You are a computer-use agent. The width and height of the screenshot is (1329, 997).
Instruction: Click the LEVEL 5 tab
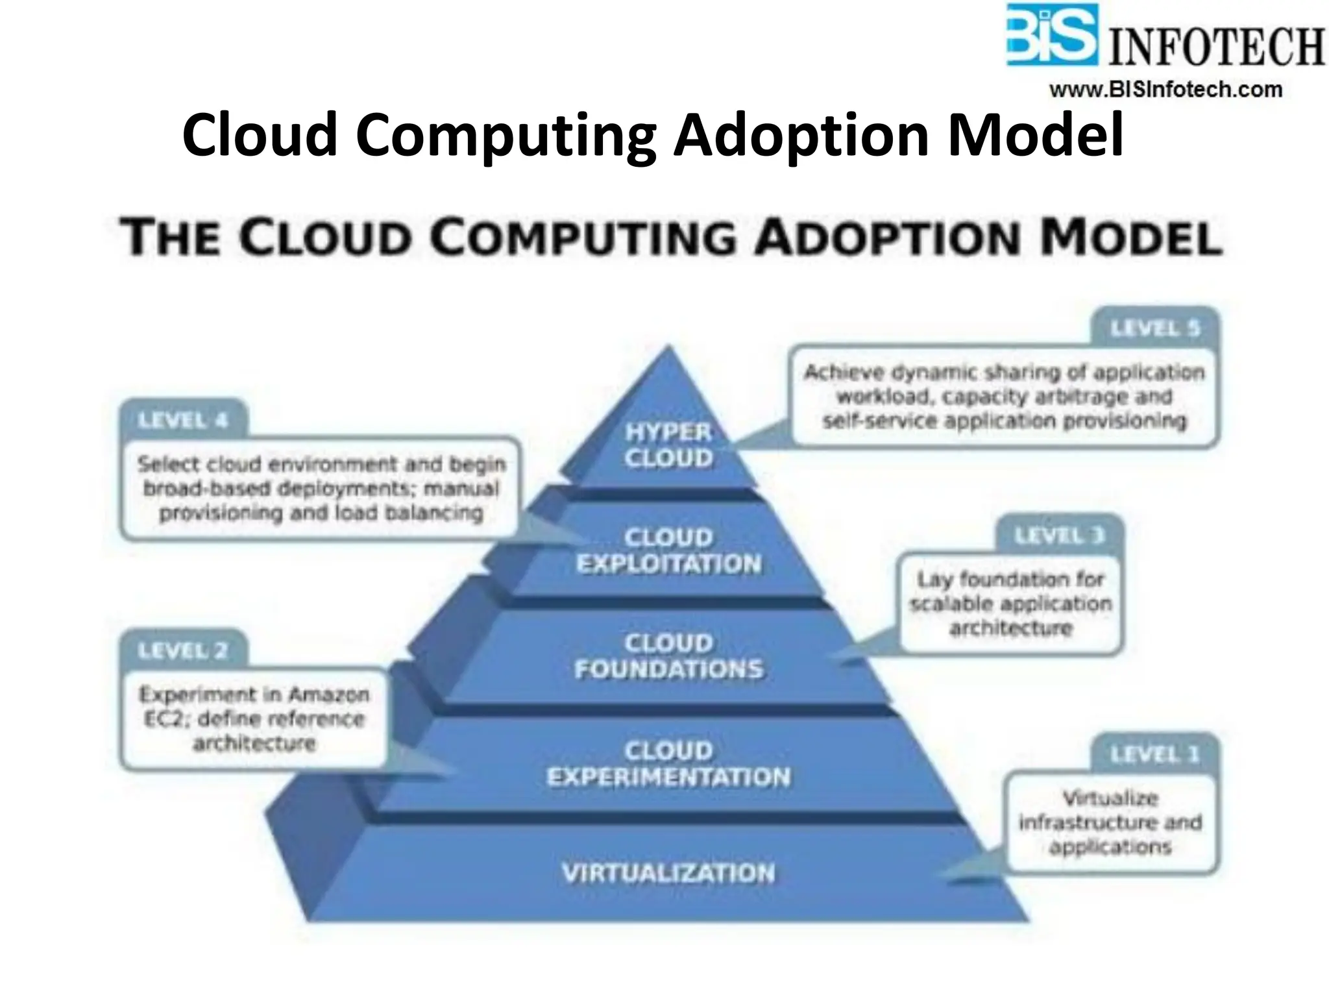[1155, 328]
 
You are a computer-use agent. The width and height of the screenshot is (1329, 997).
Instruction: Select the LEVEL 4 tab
[183, 421]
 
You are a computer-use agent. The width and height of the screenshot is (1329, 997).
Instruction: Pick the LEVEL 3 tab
[1059, 536]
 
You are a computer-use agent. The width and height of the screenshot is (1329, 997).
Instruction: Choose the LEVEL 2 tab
[183, 650]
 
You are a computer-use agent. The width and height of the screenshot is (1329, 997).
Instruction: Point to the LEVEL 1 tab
[1155, 754]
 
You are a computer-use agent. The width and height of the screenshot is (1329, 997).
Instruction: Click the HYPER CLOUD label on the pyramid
[668, 445]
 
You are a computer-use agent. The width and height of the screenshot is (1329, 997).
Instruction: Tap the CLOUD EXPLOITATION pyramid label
[668, 550]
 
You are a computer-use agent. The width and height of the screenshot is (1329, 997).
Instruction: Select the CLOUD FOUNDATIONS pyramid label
[668, 656]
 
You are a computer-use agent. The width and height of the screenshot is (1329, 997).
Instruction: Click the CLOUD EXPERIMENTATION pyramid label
[668, 764]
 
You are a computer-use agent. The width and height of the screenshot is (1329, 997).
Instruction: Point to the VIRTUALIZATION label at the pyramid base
[668, 873]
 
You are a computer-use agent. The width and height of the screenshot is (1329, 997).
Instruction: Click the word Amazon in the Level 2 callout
[329, 695]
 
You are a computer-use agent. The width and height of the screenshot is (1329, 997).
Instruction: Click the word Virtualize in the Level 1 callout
[1110, 798]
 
